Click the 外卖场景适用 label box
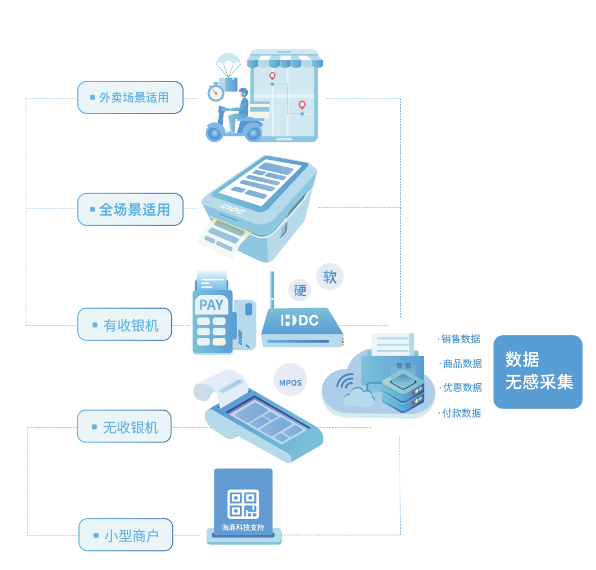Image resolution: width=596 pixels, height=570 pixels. [x=131, y=97]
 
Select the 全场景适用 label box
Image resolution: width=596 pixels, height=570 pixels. [x=131, y=209]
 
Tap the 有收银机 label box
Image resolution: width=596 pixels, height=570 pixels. [x=125, y=325]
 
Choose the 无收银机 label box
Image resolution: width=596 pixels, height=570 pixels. [x=124, y=426]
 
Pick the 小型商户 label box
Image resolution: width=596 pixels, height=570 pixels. [x=126, y=535]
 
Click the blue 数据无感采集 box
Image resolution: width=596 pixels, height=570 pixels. [x=538, y=371]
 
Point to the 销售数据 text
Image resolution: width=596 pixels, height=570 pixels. [x=461, y=339]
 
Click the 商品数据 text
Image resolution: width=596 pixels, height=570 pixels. [x=463, y=363]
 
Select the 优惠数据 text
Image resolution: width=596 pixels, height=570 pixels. [x=463, y=387]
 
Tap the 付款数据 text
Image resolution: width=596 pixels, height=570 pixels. [x=461, y=412]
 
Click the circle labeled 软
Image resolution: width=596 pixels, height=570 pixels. [x=330, y=277]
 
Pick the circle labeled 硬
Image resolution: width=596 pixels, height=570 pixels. [x=300, y=290]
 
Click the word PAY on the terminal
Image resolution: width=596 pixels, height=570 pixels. [x=211, y=305]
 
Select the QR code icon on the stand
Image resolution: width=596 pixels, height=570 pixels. [x=243, y=504]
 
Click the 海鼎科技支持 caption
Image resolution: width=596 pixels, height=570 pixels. [x=243, y=528]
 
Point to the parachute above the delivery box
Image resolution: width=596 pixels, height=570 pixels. [x=228, y=62]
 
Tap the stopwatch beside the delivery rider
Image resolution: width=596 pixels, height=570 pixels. [x=216, y=92]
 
